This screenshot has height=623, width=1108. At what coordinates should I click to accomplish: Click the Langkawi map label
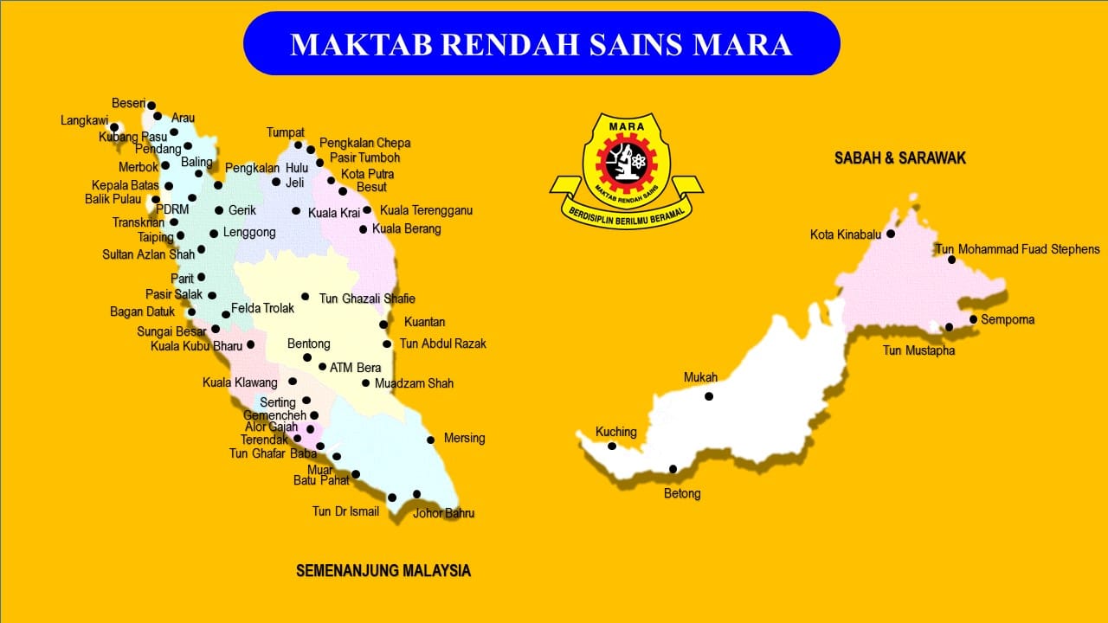[84, 121]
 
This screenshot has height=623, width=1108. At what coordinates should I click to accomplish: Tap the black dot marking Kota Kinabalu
[890, 234]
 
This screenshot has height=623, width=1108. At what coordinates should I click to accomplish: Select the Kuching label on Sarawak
[615, 432]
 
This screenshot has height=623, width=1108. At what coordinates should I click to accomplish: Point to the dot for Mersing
[430, 440]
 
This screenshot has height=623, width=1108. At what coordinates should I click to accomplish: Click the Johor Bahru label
[443, 513]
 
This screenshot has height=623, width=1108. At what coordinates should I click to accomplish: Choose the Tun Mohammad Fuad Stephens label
[1017, 250]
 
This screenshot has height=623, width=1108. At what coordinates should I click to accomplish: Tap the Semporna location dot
[974, 319]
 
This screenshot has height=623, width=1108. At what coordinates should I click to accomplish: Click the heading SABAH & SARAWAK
[899, 158]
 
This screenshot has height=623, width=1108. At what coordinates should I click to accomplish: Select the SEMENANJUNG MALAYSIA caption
[383, 571]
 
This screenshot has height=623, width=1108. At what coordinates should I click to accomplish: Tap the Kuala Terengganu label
[426, 210]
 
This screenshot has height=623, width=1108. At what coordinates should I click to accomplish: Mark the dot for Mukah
[709, 396]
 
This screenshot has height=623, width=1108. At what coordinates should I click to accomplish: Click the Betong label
[682, 494]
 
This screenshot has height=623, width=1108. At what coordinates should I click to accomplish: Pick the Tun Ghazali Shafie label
[367, 299]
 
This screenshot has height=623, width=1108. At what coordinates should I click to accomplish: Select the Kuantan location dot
[383, 324]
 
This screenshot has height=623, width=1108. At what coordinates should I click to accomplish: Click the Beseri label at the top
[128, 102]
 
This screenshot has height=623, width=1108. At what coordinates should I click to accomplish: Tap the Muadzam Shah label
[414, 383]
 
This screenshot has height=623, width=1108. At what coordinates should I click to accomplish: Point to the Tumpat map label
[285, 132]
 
